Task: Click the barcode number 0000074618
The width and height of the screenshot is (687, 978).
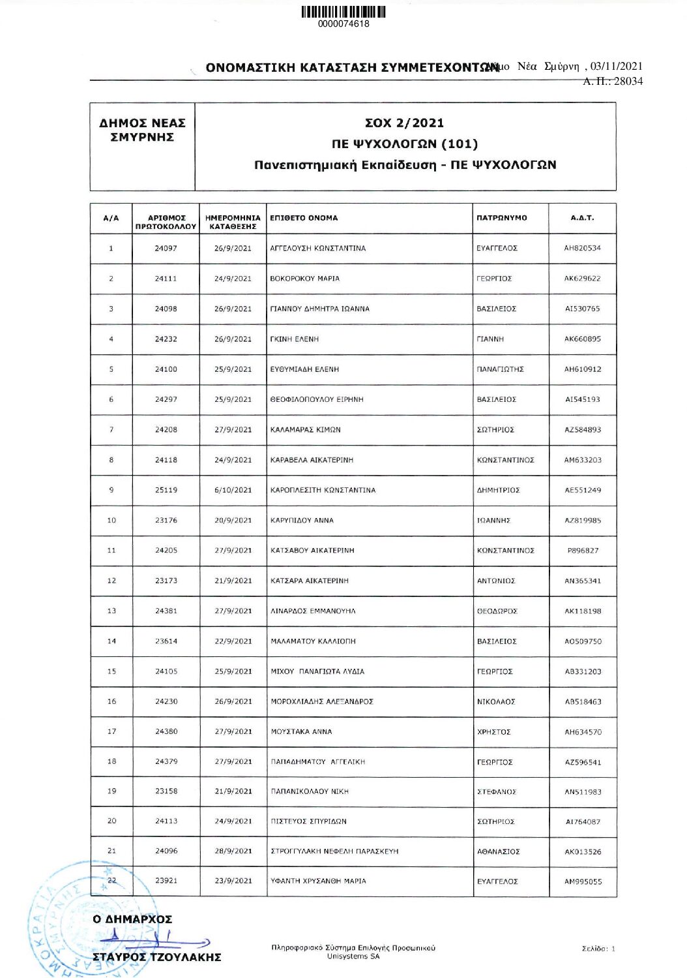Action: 343,24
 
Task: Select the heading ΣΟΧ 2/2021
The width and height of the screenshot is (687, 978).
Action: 404,123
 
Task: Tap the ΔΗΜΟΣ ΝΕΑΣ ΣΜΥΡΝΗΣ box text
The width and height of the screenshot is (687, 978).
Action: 142,130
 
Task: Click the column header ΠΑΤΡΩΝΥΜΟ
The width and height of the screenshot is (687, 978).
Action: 501,218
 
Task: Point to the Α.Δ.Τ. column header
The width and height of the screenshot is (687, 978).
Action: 582,218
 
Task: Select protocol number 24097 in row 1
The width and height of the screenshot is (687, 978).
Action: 166,249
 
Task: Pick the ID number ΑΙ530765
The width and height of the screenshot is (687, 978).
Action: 582,309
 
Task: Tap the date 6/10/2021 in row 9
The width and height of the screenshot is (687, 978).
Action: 233,490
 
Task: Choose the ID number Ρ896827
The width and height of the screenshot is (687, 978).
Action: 583,551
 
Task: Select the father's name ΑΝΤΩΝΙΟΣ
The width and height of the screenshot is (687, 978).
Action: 495,581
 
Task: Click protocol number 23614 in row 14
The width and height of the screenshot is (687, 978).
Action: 166,641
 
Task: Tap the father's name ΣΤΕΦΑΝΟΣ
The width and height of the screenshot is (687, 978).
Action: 496,792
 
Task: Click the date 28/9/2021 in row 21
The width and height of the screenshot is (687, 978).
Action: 233,851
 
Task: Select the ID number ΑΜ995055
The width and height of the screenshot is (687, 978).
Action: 583,881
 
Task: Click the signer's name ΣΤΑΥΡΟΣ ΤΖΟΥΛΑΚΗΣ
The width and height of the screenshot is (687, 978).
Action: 156,957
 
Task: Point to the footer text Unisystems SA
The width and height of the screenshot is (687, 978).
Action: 353,956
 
